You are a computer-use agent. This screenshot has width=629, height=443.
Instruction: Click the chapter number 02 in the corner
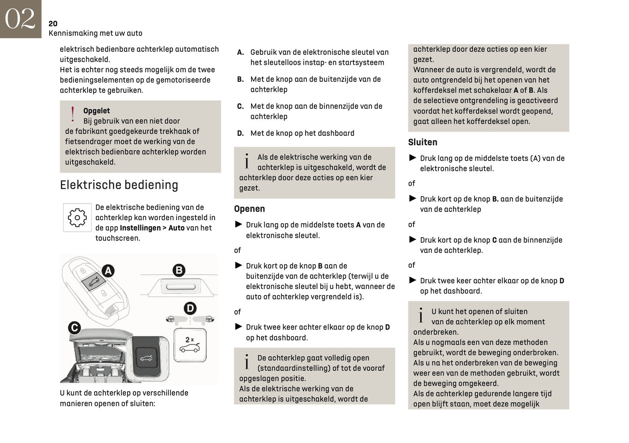point(20,19)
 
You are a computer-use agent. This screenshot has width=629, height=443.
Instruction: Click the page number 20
point(53,23)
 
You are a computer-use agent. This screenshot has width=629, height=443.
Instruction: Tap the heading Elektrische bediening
point(119,185)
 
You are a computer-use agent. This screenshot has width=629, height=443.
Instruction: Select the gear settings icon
point(77,218)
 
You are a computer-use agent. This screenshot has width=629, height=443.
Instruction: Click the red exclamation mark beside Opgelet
point(73,114)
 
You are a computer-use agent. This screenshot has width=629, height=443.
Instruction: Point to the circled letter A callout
point(108,271)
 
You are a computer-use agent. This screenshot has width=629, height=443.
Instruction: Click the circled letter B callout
point(178,270)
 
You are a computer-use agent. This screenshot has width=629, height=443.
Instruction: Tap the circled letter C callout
point(74,327)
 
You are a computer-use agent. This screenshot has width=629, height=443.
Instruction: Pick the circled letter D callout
point(190,309)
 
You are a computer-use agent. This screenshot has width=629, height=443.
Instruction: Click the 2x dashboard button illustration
point(190,345)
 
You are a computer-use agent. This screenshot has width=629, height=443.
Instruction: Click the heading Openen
point(249,209)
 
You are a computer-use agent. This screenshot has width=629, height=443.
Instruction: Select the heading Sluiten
point(422,142)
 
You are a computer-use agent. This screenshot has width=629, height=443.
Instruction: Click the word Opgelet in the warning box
point(96,111)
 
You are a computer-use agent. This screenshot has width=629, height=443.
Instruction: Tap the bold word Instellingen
point(140,228)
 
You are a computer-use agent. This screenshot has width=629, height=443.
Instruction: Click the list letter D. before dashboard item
point(240,133)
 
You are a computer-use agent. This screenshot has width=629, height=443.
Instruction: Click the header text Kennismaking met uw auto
point(95,33)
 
